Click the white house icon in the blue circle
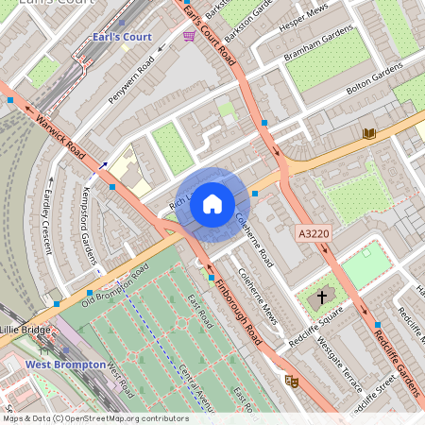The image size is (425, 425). pos(212,203)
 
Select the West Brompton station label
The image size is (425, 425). pos(63,364)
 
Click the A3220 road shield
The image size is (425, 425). pos(313,232)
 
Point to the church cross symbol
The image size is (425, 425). pos(322,297)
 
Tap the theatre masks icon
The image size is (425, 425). pos(291,381)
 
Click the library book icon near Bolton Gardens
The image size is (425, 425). pos(368,133)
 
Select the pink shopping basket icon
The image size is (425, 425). pos(190,36)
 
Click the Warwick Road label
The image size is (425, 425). pos(61,138)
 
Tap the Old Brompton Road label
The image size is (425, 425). pos(115,286)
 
